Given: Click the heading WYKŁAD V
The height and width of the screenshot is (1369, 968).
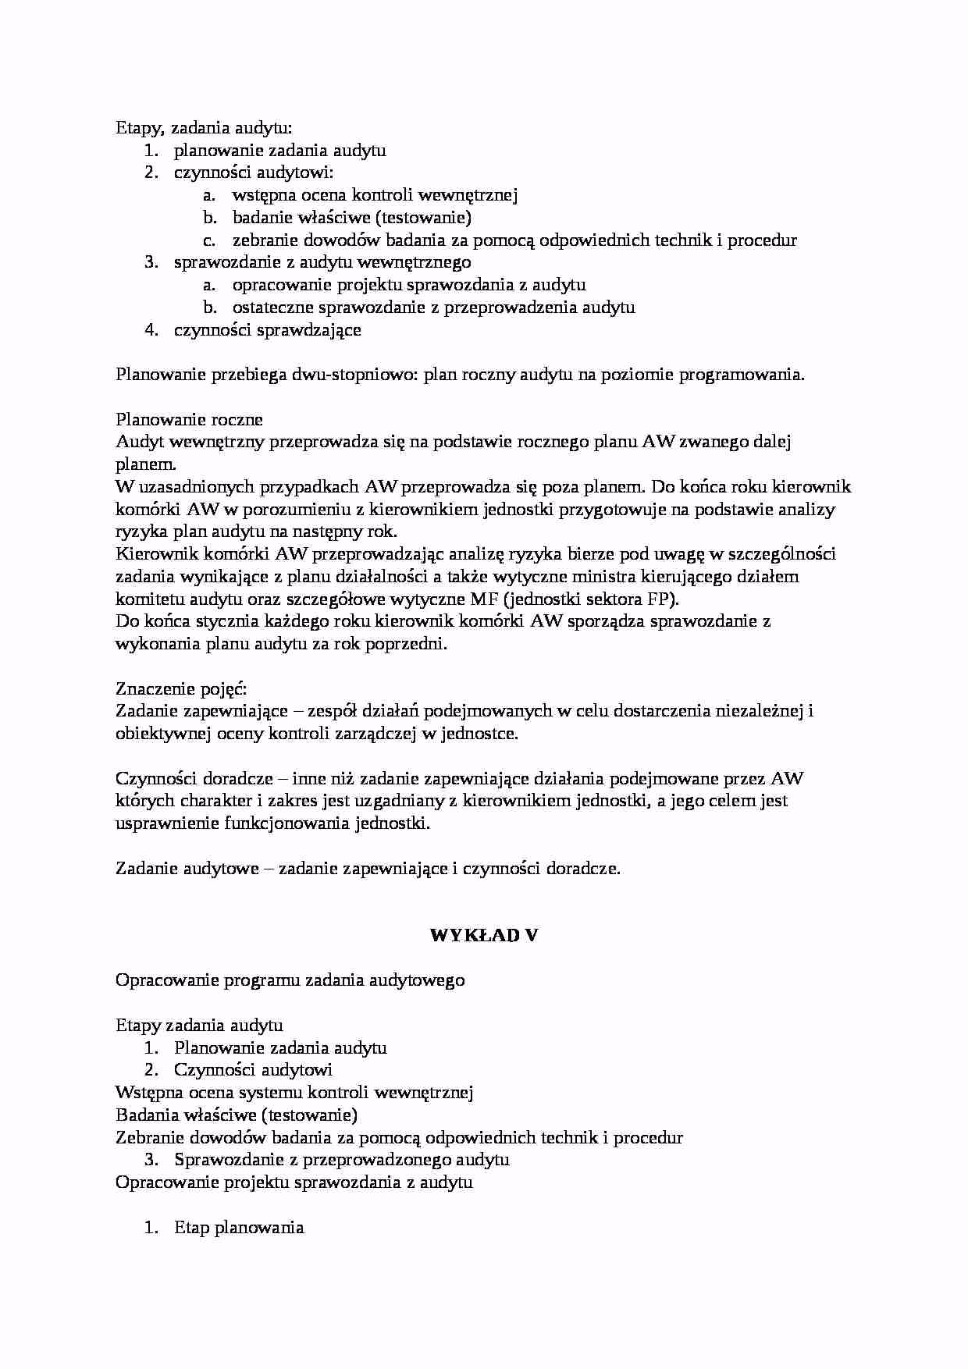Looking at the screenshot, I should pos(484,935).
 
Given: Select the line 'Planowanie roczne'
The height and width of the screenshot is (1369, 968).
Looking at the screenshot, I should pos(190,420).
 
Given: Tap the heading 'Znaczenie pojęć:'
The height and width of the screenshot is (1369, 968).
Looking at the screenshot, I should pos(181,689).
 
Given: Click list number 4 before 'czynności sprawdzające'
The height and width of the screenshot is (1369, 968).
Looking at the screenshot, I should pos(151,329).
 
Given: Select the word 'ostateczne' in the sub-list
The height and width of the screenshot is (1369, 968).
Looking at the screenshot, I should pos(272,308).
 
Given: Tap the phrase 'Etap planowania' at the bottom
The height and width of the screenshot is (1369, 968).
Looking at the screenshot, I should pos(239,1228).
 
